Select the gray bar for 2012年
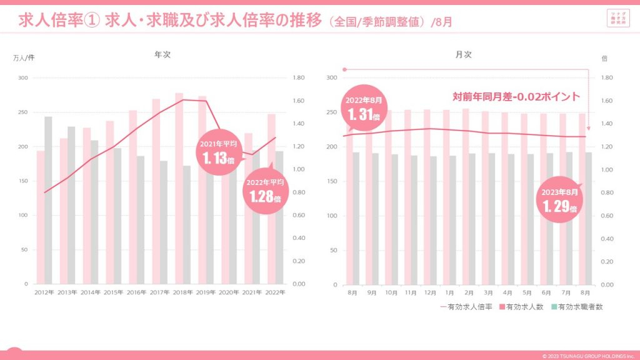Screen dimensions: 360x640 [x=48, y=200]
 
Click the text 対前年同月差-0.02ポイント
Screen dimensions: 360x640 [x=516, y=97]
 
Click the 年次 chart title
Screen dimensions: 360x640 [x=162, y=55]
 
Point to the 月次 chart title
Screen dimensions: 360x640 [x=464, y=55]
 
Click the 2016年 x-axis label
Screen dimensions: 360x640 [x=136, y=292]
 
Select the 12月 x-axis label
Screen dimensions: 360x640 [x=431, y=292]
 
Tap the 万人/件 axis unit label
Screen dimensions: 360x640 [x=24, y=58]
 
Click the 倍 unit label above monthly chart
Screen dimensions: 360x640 [x=604, y=58]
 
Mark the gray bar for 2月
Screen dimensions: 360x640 [x=472, y=219]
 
